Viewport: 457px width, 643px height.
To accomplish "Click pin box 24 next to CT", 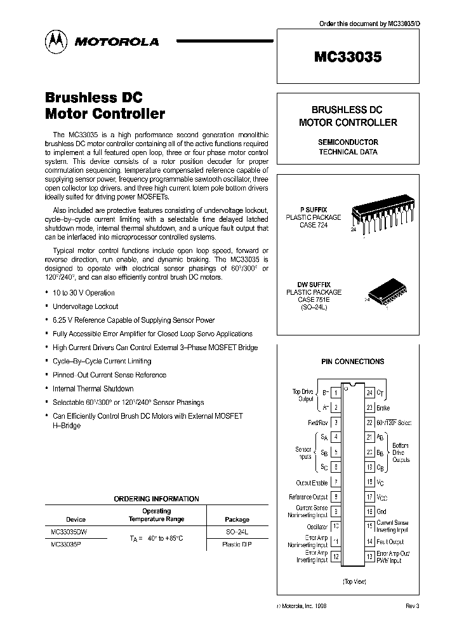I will (x=369, y=393).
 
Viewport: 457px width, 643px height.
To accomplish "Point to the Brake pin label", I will (x=383, y=408).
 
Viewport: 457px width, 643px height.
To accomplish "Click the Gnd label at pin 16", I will (x=382, y=511).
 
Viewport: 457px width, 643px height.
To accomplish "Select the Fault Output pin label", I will (x=390, y=541).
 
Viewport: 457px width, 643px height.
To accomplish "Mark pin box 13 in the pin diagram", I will (x=369, y=557).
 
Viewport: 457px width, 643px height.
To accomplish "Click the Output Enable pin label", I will (x=312, y=483).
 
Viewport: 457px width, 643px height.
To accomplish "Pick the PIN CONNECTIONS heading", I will (x=352, y=362).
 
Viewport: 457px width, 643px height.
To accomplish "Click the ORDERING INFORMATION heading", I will (x=156, y=499).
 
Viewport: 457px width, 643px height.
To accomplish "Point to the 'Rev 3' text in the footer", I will (x=413, y=606).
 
